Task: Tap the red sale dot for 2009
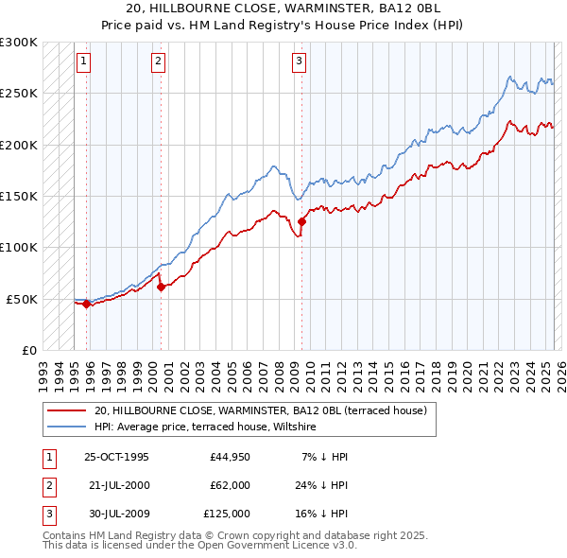(302, 221)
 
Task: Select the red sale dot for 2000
(161, 287)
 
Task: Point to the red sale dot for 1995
(87, 304)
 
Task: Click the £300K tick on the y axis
(19, 43)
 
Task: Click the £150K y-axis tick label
(19, 196)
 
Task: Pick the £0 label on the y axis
(27, 350)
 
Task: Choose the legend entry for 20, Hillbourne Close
(260, 410)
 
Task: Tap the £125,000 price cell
(227, 514)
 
